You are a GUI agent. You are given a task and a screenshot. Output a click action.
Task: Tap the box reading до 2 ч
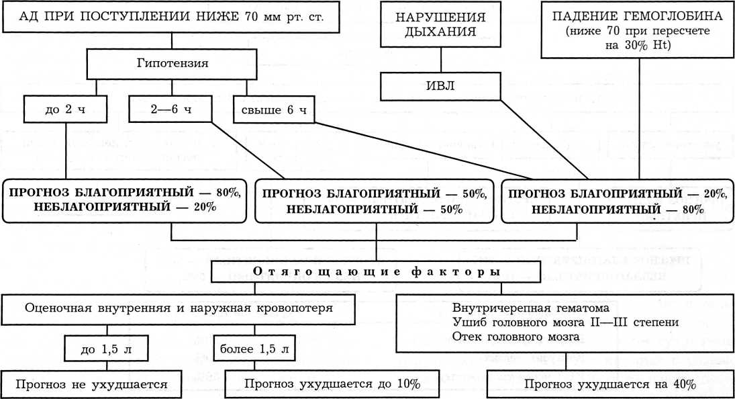pyautogui.click(x=65, y=109)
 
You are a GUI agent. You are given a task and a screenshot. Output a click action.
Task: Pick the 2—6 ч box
pyautogui.click(x=170, y=109)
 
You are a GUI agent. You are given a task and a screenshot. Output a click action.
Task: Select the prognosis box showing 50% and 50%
pyautogui.click(x=374, y=201)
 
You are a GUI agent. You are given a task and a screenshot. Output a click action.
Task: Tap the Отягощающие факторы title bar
pyautogui.click(x=375, y=272)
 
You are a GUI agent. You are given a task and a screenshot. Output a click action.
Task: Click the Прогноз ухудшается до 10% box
pyautogui.click(x=332, y=384)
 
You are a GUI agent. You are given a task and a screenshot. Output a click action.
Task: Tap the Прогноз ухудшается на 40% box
pyautogui.click(x=609, y=384)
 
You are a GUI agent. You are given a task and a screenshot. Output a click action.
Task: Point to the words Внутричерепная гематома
pyautogui.click(x=530, y=308)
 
